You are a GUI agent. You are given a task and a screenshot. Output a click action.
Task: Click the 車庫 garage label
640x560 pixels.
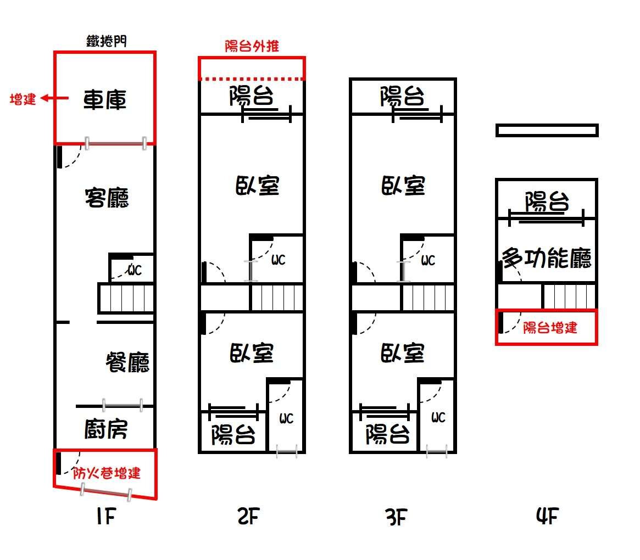[105, 100]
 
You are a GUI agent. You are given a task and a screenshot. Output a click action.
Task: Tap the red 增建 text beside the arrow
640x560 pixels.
[23, 99]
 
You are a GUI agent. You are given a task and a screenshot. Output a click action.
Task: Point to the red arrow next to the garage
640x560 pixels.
[55, 98]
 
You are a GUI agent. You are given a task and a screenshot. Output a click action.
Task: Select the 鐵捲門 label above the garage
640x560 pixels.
[107, 41]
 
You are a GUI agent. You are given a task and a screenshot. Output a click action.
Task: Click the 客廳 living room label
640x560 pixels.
[107, 198]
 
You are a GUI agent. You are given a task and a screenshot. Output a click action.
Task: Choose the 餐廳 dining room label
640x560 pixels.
[128, 362]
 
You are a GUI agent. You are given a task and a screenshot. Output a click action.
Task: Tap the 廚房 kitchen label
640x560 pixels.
[106, 429]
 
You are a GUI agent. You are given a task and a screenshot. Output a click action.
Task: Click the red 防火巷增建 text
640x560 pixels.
[107, 473]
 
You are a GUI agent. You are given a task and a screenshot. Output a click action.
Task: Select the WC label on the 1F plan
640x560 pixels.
[134, 270]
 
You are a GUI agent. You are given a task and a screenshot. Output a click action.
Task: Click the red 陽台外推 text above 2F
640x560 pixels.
[252, 46]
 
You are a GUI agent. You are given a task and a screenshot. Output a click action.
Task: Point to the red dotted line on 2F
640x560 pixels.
[252, 79]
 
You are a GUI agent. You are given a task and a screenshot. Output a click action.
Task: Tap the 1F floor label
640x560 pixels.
[106, 517]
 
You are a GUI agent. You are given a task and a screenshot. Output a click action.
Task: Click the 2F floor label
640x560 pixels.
[248, 517]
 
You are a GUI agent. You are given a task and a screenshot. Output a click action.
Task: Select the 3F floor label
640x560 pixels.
[396, 517]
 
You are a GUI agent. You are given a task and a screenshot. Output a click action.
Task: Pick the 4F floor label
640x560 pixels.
[547, 516]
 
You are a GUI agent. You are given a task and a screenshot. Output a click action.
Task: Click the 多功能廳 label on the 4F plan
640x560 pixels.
[547, 258]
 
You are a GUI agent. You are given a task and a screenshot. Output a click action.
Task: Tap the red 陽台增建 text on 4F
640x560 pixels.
[550, 328]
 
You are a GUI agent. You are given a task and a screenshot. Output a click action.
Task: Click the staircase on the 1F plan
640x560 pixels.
[126, 298]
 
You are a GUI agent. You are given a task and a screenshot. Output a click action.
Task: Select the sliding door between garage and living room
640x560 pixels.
[115, 143]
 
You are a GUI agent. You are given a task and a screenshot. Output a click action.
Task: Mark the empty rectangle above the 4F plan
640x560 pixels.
[547, 130]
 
